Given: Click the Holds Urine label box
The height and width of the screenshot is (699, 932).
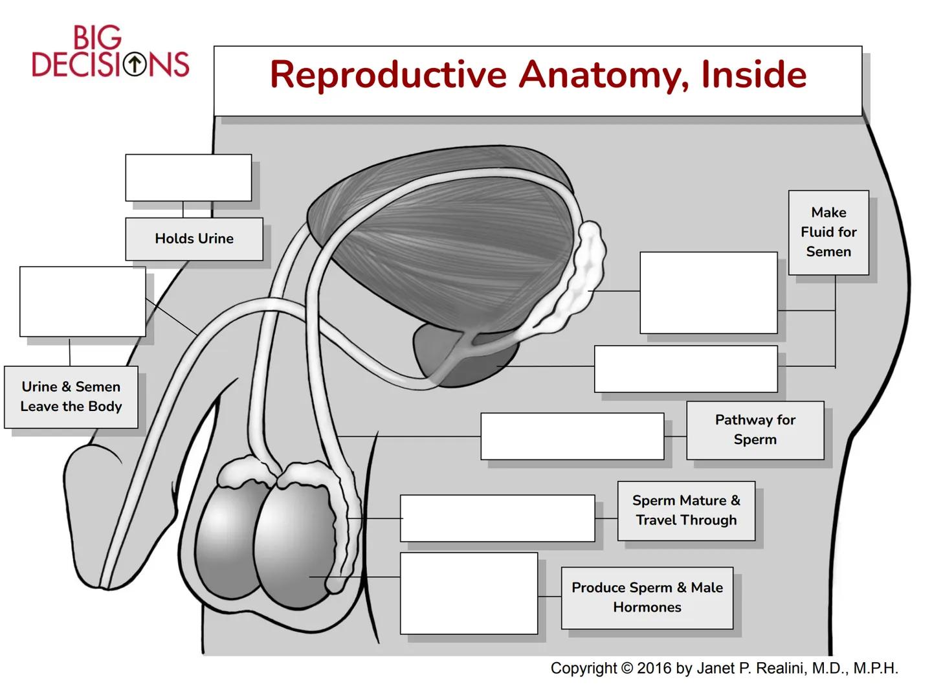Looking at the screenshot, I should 194,239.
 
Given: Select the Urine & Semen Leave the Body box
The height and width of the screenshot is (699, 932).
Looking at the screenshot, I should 71,397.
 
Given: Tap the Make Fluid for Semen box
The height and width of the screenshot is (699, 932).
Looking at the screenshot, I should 828,232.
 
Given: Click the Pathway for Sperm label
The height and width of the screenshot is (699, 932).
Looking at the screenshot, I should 755,430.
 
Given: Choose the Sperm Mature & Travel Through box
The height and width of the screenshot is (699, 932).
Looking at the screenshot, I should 686,511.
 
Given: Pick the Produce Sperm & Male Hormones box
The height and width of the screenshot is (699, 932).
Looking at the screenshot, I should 647,597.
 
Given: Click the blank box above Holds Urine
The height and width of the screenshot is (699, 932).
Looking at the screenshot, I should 188,177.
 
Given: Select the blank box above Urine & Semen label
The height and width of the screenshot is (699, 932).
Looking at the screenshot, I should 83,302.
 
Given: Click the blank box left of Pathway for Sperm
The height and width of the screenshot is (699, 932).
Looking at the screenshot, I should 572,436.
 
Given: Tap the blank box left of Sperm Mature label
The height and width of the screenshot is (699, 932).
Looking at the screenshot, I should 497,518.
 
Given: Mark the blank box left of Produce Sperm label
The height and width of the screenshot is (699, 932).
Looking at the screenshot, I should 469,593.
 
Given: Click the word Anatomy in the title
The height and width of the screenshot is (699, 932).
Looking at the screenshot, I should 605,75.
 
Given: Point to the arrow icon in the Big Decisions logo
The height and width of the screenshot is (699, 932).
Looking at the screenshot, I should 135,64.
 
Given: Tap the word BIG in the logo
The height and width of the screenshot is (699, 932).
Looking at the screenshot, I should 97,38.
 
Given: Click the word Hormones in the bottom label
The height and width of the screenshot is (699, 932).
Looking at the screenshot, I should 647,608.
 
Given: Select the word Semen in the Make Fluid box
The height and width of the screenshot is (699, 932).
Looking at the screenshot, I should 828,252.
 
